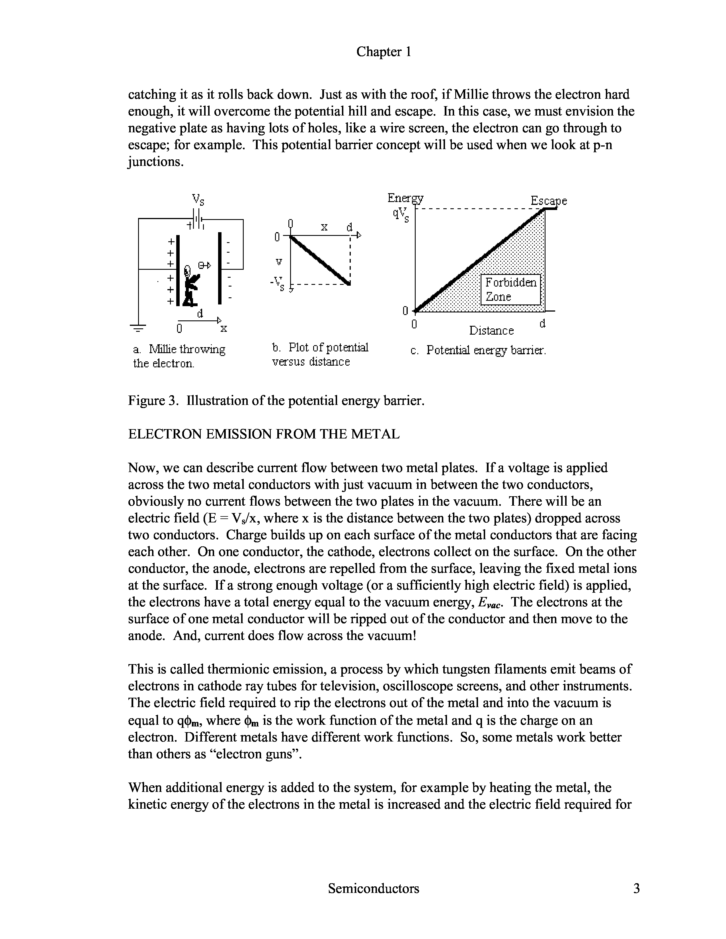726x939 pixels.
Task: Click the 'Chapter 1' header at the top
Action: click(383, 52)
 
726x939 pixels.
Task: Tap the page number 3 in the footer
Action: click(636, 888)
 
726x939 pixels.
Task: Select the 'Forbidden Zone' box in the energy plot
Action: click(510, 289)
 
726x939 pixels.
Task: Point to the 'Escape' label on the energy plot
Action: click(548, 201)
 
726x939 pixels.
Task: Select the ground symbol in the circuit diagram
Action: click(138, 328)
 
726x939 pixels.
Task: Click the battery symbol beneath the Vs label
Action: click(197, 221)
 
